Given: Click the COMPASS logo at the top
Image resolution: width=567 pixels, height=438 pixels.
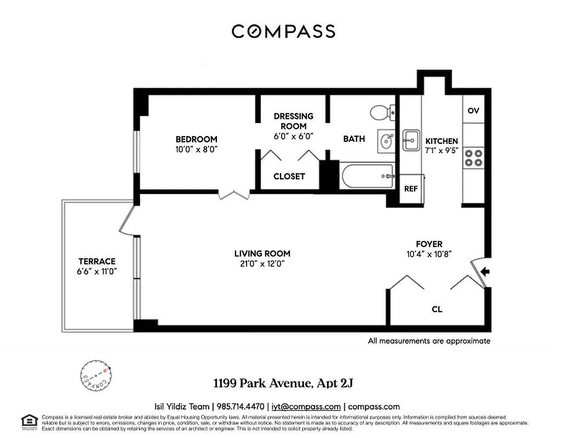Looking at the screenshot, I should [x=283, y=31].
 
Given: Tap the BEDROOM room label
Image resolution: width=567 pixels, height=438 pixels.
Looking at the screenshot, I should [x=196, y=139].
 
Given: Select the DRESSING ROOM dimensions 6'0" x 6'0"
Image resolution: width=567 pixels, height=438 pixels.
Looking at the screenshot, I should [x=294, y=136].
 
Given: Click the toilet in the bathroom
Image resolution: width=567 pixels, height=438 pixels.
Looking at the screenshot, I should [x=381, y=113].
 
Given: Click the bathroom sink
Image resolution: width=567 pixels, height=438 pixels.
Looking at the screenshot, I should [x=386, y=141].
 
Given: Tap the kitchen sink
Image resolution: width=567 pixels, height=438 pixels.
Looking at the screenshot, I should [x=410, y=141].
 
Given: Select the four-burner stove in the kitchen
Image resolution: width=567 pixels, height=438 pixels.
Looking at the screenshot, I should [x=473, y=158].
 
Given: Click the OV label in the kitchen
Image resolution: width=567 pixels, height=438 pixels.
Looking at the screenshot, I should [x=473, y=111].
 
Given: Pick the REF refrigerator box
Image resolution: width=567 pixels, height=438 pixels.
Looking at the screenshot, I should [x=410, y=189].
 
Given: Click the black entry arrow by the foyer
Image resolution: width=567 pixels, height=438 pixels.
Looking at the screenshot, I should [x=485, y=271].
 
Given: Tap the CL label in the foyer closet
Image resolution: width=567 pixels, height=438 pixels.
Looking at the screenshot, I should [x=437, y=309].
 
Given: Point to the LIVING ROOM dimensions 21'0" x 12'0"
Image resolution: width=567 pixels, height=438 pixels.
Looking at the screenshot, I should [x=262, y=263].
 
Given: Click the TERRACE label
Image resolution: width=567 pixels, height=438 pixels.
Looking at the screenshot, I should [x=97, y=261].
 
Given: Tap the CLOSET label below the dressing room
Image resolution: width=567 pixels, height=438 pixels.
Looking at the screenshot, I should [x=289, y=176].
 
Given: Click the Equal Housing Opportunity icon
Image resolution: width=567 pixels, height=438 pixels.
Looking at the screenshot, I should [x=27, y=420].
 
